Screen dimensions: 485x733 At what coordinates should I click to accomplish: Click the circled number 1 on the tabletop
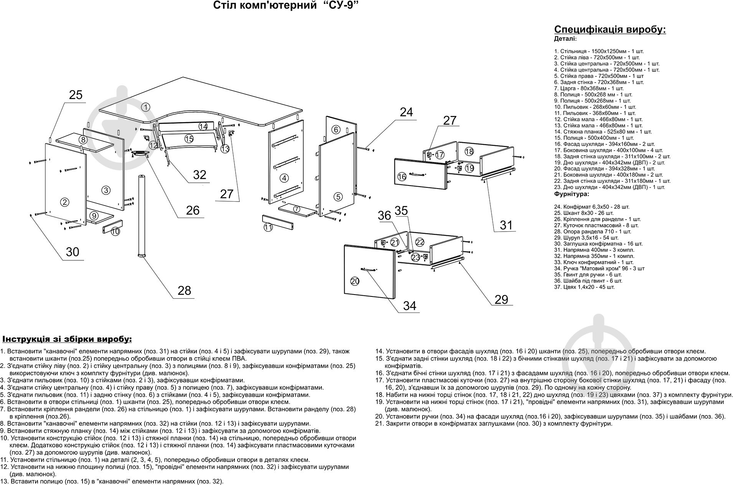[x=145, y=107]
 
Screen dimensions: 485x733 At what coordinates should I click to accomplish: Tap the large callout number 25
[x=76, y=95]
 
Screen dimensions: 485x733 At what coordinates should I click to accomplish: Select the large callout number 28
[x=184, y=290]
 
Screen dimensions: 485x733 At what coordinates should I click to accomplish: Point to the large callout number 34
[x=409, y=306]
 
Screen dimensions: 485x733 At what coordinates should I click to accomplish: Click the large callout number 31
[x=506, y=225]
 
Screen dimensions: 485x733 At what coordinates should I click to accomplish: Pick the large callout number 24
[x=406, y=112]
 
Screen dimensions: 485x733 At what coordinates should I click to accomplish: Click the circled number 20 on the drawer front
[x=355, y=281]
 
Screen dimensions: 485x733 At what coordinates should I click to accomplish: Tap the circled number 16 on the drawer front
[x=402, y=177]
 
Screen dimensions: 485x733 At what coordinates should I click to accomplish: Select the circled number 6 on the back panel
[x=336, y=129]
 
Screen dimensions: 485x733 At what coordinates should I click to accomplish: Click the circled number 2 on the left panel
[x=64, y=202]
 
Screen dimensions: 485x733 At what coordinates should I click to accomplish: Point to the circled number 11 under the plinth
[x=268, y=227]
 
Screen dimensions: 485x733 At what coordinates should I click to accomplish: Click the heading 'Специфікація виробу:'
[x=610, y=30]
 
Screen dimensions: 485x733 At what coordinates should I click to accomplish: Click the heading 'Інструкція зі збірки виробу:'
[x=67, y=339]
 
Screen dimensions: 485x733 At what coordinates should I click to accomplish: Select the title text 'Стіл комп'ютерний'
[x=264, y=6]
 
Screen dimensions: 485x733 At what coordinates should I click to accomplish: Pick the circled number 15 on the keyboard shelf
[x=188, y=138]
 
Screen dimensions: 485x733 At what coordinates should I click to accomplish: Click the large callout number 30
[x=72, y=252]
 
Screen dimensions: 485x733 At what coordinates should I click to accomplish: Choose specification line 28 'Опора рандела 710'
[x=592, y=232]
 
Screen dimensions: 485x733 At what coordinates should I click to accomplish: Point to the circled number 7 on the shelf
[x=296, y=209]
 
